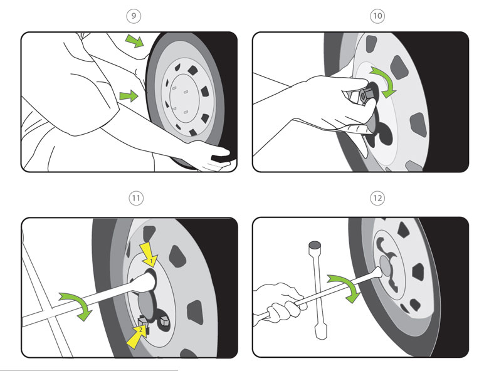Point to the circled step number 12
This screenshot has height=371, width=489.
tap(377, 198)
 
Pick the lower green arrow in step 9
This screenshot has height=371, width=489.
tap(129, 96)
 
